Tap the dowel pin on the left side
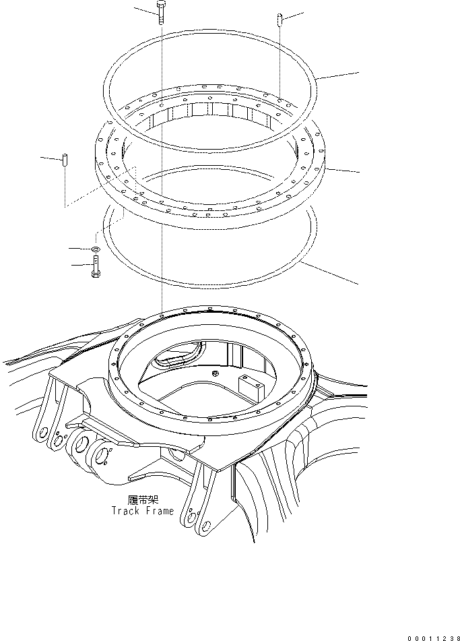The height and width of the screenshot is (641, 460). pos(65,161)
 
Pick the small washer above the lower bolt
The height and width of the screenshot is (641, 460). pos(96,250)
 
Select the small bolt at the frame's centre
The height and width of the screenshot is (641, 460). pos(214,373)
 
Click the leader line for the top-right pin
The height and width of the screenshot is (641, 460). pos(294,15)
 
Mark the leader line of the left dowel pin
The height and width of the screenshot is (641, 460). pos(50,158)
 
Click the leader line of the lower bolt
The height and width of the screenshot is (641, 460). pos(79,266)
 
